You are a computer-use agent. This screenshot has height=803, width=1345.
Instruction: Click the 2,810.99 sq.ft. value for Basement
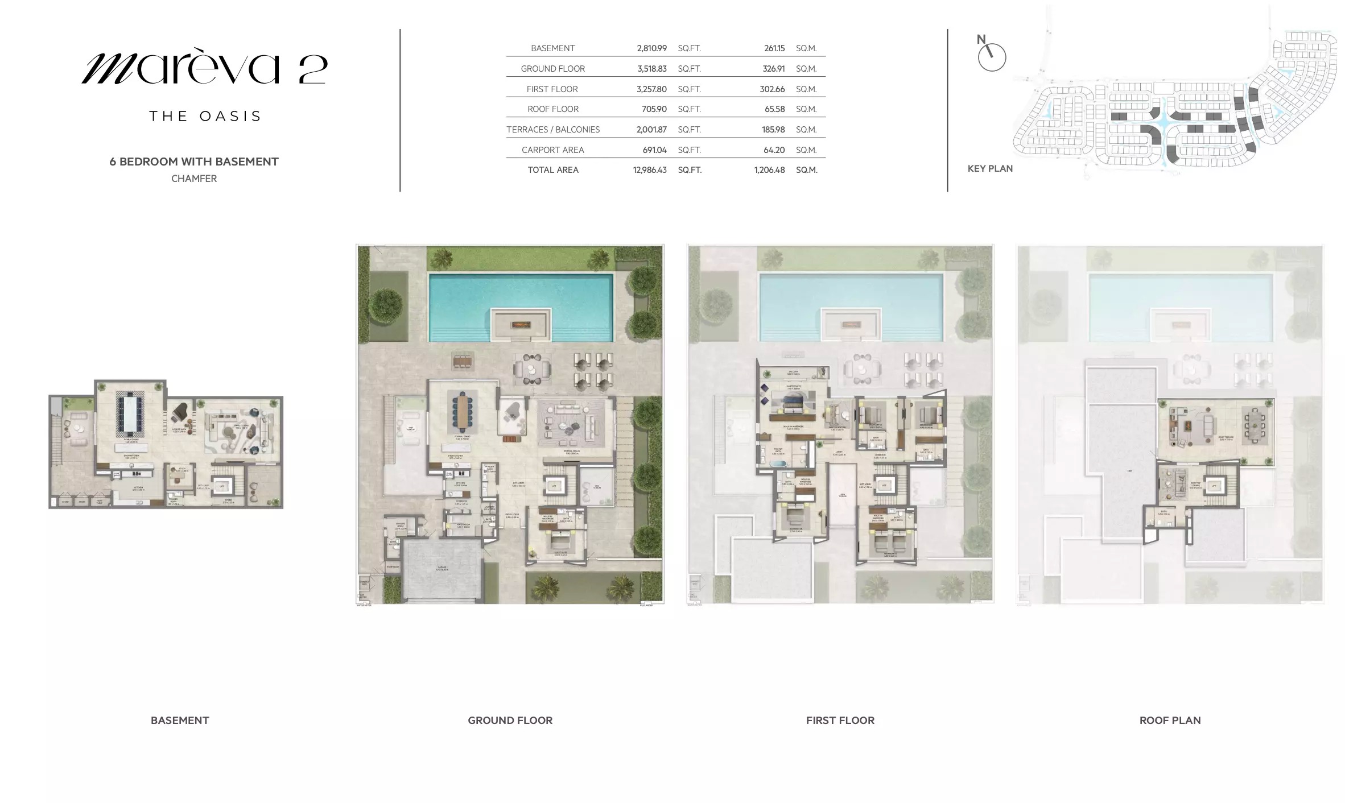[651, 48]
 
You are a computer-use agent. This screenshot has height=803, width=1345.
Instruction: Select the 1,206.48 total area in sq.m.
[769, 170]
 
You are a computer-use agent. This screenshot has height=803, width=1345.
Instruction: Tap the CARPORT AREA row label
[552, 150]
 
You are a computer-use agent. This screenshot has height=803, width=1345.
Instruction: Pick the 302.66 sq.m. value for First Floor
[772, 89]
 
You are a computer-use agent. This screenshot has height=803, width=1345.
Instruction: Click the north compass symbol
[992, 57]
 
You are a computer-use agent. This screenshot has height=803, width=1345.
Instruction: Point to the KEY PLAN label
[990, 168]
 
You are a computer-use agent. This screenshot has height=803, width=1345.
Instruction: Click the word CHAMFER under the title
[194, 179]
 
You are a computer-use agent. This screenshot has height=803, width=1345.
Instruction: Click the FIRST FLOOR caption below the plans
[840, 721]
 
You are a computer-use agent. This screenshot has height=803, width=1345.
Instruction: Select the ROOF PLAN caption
[1170, 721]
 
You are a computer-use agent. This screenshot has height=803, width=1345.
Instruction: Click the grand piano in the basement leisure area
[180, 412]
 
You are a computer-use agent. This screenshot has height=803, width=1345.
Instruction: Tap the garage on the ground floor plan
[442, 569]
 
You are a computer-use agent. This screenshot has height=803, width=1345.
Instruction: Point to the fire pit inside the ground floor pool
[521, 325]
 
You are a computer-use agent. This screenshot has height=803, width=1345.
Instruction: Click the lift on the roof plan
[1214, 486]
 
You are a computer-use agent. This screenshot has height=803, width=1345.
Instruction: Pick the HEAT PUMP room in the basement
[100, 502]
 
